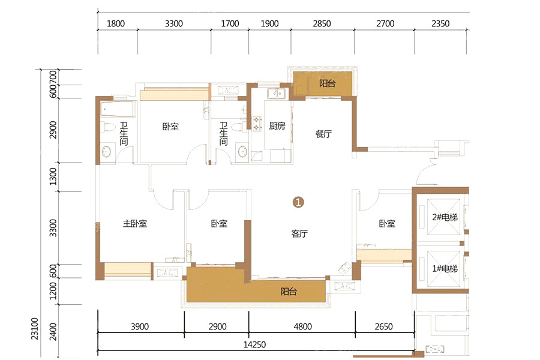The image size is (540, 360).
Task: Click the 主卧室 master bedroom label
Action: [x=135, y=224]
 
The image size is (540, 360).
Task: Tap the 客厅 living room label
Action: [x=299, y=233]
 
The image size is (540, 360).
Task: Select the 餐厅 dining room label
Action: [x=323, y=134]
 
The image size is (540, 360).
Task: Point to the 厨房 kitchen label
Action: [x=277, y=126]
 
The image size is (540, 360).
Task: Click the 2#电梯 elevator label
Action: [x=445, y=217]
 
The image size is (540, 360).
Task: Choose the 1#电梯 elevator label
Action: [x=445, y=268]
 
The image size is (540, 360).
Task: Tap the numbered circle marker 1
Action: [x=298, y=202]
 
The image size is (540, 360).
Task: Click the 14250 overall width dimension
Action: [x=254, y=344]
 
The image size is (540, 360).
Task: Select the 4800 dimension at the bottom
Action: [x=303, y=326]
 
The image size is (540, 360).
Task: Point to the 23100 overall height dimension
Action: [x=35, y=329]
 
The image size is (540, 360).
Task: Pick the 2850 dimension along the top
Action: [x=322, y=23]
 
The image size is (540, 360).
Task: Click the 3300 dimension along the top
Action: [x=173, y=23]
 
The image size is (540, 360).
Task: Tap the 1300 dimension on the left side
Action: [x=53, y=176]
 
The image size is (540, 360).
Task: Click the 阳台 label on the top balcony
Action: [x=327, y=83]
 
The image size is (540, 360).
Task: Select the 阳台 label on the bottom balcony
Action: [x=289, y=292]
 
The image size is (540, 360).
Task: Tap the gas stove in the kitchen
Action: [x=257, y=124]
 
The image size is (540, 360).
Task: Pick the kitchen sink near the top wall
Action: [x=277, y=93]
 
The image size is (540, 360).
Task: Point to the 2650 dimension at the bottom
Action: [x=383, y=326]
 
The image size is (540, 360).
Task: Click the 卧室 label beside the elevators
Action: [x=387, y=224]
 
